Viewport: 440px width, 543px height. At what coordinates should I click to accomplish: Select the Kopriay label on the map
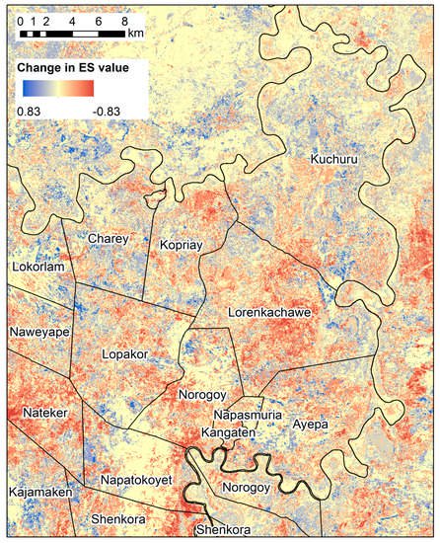coord(181,243)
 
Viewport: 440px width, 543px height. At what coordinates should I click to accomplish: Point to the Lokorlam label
coord(37,268)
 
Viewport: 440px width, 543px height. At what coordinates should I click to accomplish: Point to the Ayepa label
coord(310,425)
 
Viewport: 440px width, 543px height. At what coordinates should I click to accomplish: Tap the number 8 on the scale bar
coord(123,20)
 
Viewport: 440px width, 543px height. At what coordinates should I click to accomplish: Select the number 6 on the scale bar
coord(99,20)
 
